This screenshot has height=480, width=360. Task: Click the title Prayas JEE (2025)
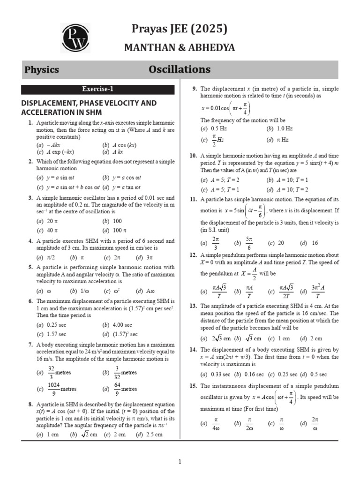(179, 29)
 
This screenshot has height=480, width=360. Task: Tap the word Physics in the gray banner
(42, 70)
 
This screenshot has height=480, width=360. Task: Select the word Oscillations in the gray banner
(180, 70)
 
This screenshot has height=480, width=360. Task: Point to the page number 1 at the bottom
(180, 462)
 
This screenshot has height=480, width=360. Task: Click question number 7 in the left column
(30, 345)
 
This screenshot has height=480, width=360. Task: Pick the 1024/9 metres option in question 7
(57, 389)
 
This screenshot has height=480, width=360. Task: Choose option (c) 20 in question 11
(276, 243)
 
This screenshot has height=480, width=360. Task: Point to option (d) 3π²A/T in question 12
(312, 292)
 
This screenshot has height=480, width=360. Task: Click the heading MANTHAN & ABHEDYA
(179, 48)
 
